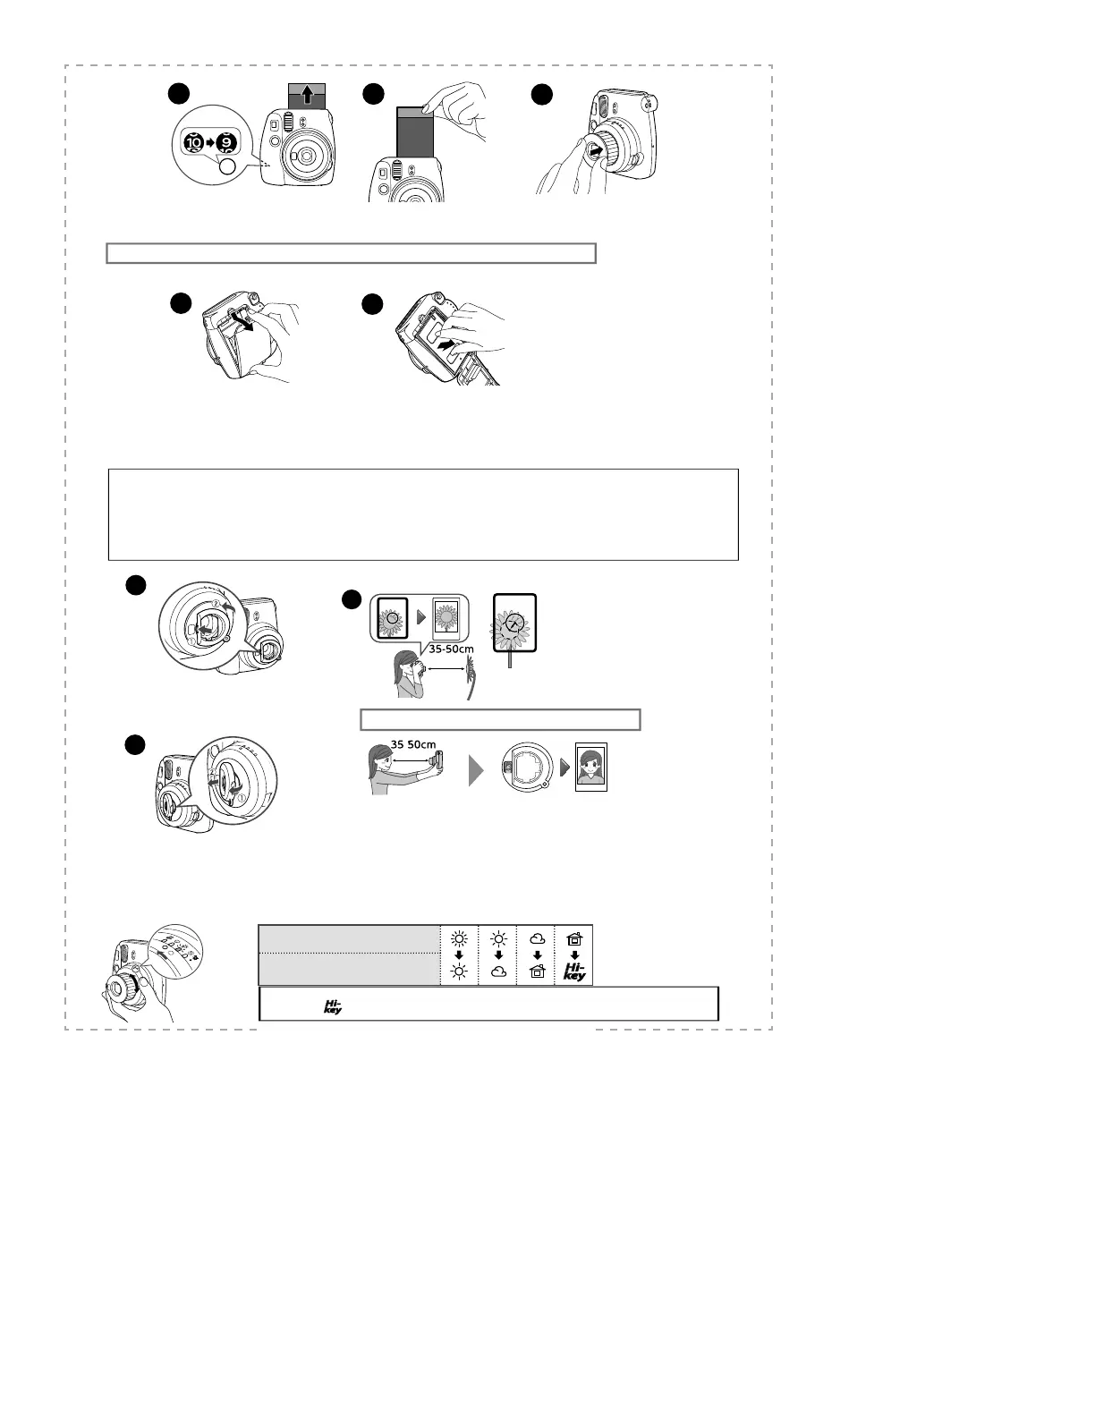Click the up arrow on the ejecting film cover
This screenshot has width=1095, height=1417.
click(307, 95)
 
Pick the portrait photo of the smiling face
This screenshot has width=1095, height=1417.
click(590, 768)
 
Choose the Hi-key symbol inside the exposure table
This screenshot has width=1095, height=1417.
click(574, 972)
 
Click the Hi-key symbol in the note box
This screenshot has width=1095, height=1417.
click(332, 1007)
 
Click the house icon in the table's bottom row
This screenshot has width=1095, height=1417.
click(537, 972)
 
